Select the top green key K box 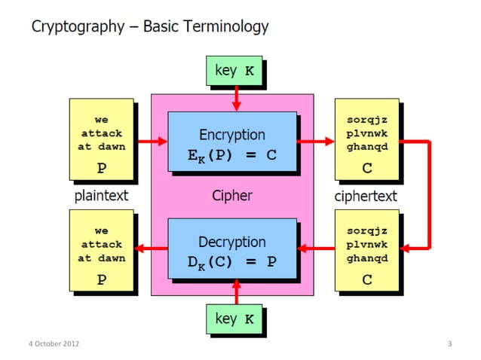point(235,71)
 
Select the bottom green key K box point(235,319)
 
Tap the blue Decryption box point(231,251)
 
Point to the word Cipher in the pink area point(231,196)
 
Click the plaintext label point(101,196)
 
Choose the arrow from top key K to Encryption point(236,98)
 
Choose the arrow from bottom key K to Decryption point(236,291)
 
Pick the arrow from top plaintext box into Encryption point(152,141)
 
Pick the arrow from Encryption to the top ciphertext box point(316,141)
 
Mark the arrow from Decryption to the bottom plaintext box point(152,248)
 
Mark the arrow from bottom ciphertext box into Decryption point(316,248)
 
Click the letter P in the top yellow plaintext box point(101,167)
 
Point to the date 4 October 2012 point(54,344)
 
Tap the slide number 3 point(449,344)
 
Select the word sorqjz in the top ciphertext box point(366,121)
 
